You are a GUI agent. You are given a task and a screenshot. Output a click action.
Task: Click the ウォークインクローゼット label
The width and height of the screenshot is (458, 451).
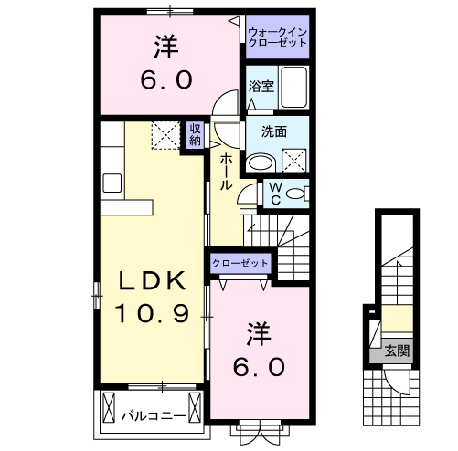(x=277, y=37)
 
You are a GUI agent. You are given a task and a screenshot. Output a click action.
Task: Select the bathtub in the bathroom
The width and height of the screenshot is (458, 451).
(x=294, y=89)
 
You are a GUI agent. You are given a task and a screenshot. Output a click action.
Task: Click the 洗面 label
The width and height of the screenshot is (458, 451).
(x=274, y=131)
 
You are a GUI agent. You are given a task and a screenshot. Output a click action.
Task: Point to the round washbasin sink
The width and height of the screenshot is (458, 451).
(x=261, y=162)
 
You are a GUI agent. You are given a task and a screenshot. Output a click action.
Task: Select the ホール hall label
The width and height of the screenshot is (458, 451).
(x=224, y=170)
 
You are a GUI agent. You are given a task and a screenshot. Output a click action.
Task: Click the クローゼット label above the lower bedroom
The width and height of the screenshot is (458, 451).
(x=240, y=264)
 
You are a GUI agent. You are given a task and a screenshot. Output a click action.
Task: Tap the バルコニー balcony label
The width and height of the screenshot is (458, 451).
(x=154, y=416)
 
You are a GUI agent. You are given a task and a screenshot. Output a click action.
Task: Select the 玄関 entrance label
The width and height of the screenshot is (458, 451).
(x=396, y=350)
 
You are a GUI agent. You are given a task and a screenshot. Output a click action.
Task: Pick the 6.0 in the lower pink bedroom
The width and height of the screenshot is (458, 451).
(x=259, y=367)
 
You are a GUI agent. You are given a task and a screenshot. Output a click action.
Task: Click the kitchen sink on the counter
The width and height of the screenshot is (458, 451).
(x=113, y=182)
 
